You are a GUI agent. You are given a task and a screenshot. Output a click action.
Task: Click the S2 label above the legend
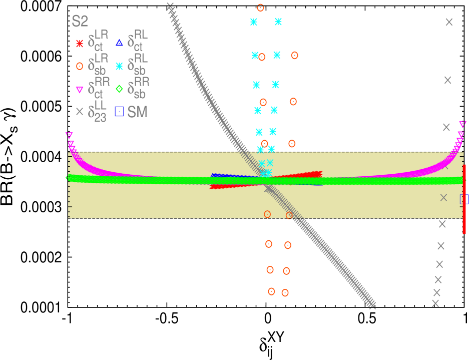[x=80, y=22]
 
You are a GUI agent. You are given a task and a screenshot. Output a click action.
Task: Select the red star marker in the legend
[x=79, y=44]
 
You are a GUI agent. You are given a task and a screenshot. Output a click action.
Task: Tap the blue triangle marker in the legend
[x=119, y=43]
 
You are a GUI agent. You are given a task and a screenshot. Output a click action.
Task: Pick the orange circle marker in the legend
[x=79, y=66]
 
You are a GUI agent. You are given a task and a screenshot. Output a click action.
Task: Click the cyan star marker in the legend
[x=119, y=66]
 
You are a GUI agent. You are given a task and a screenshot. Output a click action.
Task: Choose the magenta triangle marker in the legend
[x=79, y=90]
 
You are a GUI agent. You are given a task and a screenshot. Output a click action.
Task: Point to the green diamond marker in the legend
[x=119, y=89]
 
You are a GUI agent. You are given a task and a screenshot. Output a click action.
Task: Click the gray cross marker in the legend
[x=79, y=112]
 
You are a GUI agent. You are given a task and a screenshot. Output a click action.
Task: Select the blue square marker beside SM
[x=119, y=112]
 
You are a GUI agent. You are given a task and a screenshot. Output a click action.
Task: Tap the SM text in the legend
[x=138, y=112]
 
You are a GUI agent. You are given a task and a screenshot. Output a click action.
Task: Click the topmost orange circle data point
[x=260, y=8]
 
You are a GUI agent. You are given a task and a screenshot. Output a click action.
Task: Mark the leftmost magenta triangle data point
[x=69, y=135]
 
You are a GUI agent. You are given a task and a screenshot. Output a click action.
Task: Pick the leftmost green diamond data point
[x=69, y=177]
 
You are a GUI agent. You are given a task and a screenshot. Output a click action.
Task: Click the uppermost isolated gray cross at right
[x=449, y=22]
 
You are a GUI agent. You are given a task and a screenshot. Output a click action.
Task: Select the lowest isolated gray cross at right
[x=435, y=303]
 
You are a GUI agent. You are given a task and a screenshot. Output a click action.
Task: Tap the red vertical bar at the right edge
[x=464, y=199]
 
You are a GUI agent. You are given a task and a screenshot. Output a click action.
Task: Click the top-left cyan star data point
[x=254, y=22]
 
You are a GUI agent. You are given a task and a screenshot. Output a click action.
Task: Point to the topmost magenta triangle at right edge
[x=462, y=124]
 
